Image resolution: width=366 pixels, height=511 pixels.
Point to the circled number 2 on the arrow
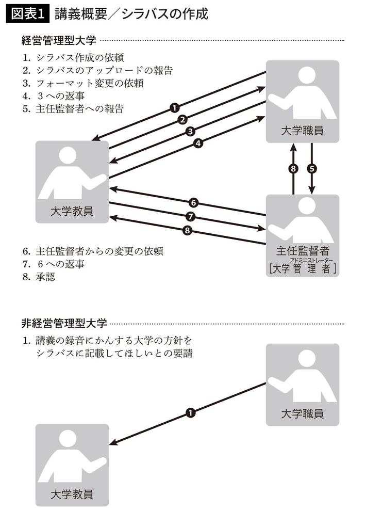point(181,120)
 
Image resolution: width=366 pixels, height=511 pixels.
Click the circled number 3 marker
point(190,132)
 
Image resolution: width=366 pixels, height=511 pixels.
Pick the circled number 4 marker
point(198,144)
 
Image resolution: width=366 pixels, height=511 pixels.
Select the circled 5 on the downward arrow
point(311,168)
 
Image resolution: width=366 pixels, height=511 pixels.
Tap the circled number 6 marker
point(194,202)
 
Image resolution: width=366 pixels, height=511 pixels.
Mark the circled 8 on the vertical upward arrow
point(293,168)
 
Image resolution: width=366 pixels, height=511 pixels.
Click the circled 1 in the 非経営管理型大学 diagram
point(190,412)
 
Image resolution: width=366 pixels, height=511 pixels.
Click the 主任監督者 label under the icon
point(303,251)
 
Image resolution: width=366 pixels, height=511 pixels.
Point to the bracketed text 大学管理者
point(303,268)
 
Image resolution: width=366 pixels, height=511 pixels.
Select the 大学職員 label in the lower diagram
point(303,413)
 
